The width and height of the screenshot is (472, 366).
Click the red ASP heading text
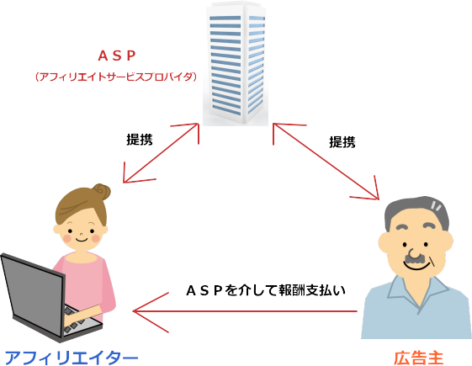coord(117,56)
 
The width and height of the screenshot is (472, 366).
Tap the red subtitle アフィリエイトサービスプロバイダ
coord(116,77)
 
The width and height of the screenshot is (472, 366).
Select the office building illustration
coord(236,64)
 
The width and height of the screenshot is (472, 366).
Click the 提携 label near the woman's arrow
coord(140,140)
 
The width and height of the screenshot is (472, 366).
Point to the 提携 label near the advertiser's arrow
coord(342,141)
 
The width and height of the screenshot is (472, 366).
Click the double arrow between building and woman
coord(161,152)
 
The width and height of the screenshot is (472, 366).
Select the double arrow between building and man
coord(326,161)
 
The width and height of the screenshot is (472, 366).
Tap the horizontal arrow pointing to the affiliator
coord(245,311)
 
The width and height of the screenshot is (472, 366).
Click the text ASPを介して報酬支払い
coord(266,290)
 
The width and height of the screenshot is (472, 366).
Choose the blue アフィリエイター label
coord(72,358)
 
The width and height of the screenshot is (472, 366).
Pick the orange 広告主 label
coord(419,358)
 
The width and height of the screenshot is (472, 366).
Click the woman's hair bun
coord(102,192)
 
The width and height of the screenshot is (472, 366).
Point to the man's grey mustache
coord(416,259)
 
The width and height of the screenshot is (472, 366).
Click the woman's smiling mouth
coord(81,240)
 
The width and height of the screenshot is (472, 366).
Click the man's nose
coord(415,253)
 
